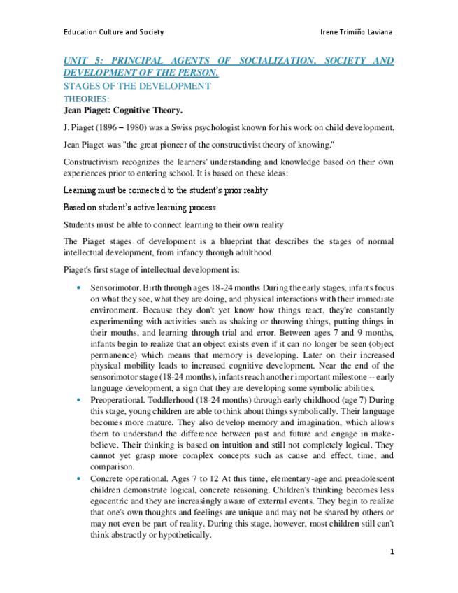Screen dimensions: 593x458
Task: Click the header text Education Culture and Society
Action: click(x=113, y=32)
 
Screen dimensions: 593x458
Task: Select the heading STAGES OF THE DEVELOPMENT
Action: click(x=137, y=86)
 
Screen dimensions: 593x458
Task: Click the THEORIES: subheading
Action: click(x=86, y=99)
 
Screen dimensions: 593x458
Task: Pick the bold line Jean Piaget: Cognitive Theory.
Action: click(x=122, y=110)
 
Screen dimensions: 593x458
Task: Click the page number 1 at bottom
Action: click(x=392, y=552)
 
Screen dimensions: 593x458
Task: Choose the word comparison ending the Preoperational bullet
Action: click(x=113, y=466)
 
